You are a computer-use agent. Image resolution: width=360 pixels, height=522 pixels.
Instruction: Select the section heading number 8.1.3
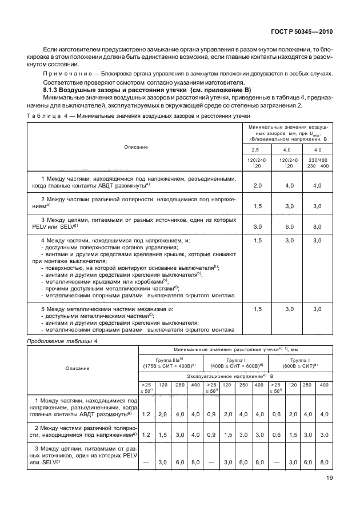(x=54, y=91)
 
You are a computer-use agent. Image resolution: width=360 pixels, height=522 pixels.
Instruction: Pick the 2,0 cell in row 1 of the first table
(x=257, y=185)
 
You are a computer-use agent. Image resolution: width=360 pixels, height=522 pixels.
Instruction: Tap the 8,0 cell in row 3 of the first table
(x=318, y=226)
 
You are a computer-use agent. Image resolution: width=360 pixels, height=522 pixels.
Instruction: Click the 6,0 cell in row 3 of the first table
(x=289, y=226)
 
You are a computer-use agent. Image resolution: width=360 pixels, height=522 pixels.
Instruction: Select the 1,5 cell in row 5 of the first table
(x=257, y=309)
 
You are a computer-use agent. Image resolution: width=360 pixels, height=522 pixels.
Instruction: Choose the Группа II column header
(x=237, y=361)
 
